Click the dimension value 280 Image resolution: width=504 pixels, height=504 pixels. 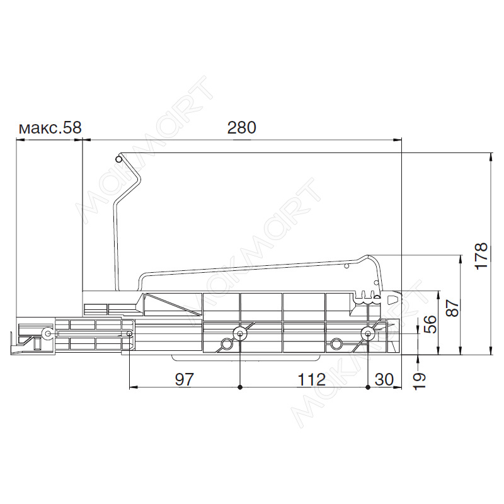pos(242,128)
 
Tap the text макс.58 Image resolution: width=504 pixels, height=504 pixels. pos(50,128)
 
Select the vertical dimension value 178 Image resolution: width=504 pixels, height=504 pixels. pos(481,256)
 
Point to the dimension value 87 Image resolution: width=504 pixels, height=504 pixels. pos(452,308)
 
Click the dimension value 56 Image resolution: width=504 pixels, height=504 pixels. pos(430,324)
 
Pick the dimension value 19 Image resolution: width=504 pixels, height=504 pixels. pos(419,381)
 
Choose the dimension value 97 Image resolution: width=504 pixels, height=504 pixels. pos(185,380)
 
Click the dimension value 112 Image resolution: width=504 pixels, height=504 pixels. pos(311,380)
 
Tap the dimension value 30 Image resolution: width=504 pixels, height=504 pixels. pos(384,380)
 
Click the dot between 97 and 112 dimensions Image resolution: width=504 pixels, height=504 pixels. pos(240,387)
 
